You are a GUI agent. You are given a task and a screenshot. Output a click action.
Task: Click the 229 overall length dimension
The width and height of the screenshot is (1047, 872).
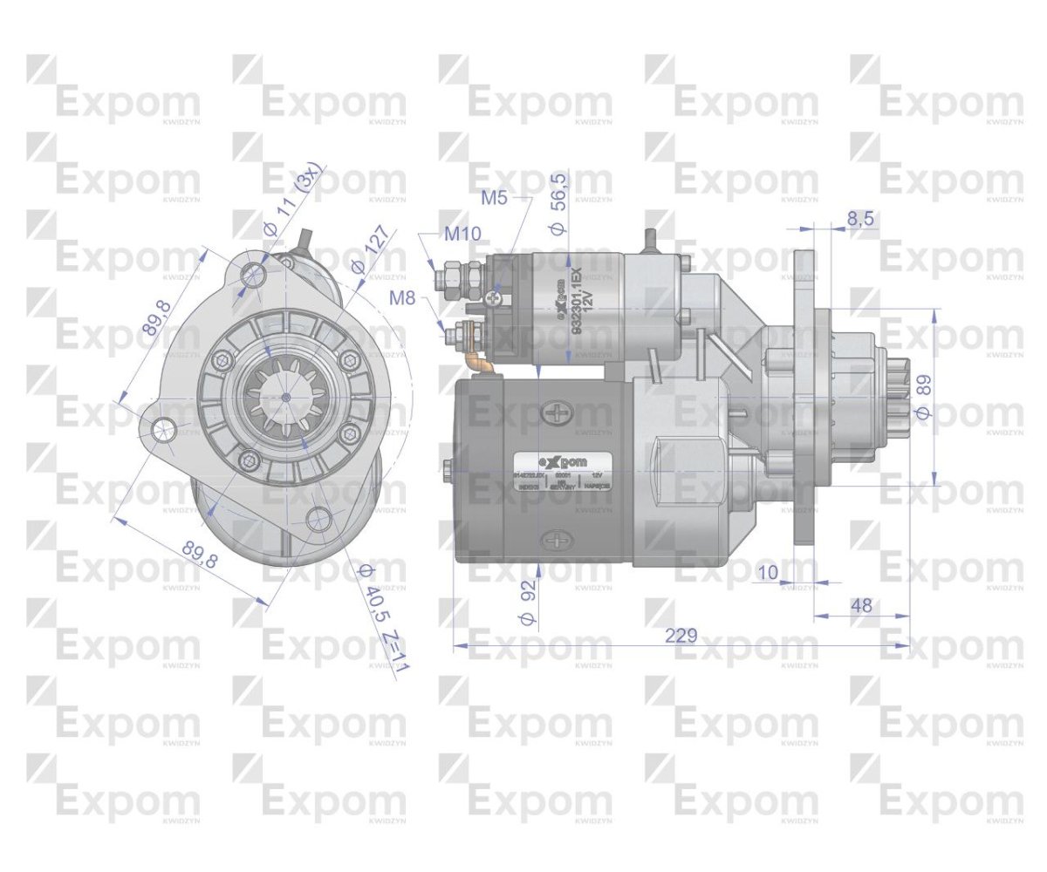pyautogui.click(x=681, y=635)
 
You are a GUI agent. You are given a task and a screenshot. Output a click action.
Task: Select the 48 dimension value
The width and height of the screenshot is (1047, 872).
pyautogui.click(x=861, y=605)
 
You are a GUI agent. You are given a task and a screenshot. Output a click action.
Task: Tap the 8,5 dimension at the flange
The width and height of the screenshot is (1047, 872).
pyautogui.click(x=861, y=219)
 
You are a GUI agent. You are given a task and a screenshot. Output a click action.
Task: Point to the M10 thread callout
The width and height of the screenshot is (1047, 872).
pyautogui.click(x=462, y=234)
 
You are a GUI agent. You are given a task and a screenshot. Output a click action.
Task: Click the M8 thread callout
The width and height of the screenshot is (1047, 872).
pyautogui.click(x=402, y=298)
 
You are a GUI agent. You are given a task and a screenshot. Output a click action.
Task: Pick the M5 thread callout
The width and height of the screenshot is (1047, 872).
pyautogui.click(x=495, y=198)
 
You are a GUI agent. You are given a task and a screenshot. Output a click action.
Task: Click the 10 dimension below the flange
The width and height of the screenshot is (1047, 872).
pyautogui.click(x=769, y=572)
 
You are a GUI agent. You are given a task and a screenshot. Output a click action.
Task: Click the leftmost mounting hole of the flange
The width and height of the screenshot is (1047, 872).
pyautogui.click(x=161, y=430)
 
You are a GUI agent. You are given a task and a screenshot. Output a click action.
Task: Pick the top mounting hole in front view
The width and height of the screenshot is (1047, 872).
pyautogui.click(x=254, y=276)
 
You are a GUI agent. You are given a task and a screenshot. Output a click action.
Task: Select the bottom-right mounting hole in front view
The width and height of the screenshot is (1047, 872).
pyautogui.click(x=318, y=521)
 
